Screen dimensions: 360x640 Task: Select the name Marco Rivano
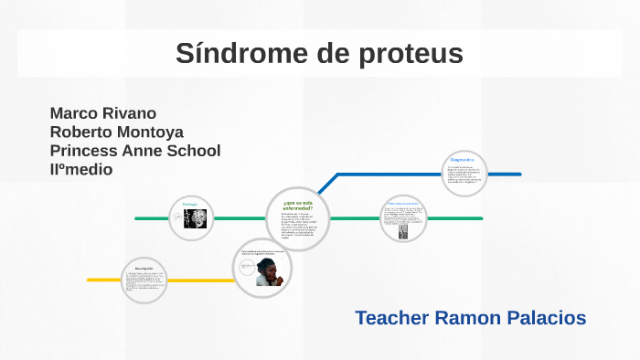point(103,113)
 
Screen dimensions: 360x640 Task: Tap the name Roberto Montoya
point(117,132)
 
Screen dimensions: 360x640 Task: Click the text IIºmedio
point(81,169)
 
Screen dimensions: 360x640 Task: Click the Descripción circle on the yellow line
point(144,280)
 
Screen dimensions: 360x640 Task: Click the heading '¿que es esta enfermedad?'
point(299,205)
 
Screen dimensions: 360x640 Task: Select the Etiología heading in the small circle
point(190,204)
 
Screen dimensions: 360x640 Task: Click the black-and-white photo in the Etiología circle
point(196,218)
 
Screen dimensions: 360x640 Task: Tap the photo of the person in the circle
point(269,270)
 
